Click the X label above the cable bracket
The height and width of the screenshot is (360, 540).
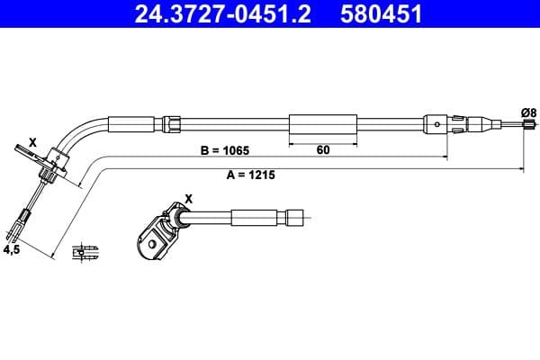pyautogui.click(x=32, y=142)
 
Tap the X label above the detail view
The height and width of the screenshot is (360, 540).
pyautogui.click(x=188, y=198)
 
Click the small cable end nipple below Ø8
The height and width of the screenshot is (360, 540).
pyautogui.click(x=523, y=131)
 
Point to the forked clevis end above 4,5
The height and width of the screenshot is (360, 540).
pyautogui.click(x=24, y=218)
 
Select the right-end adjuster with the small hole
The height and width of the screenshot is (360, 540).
pyautogui.click(x=437, y=122)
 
